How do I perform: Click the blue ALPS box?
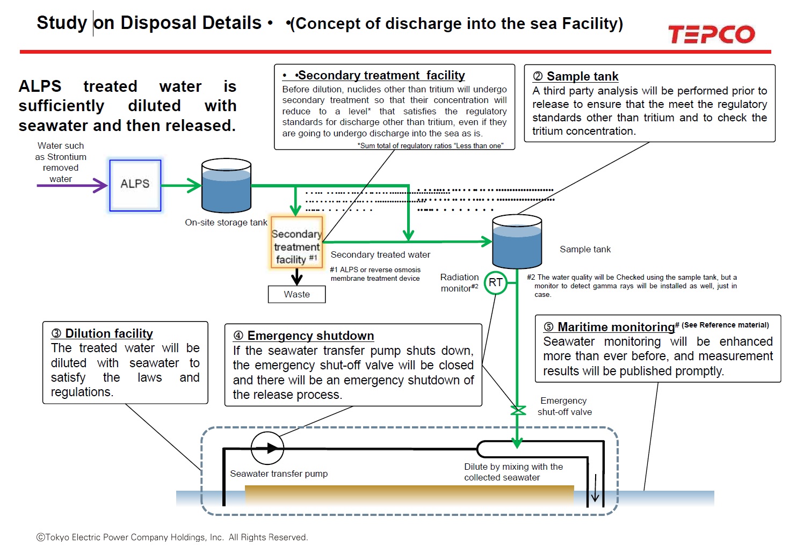(x=135, y=185)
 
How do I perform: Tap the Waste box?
(x=297, y=294)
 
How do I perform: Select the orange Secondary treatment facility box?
(x=297, y=242)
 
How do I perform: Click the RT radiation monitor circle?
(x=495, y=282)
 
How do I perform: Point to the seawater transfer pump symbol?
(x=267, y=448)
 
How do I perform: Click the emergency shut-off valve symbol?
(x=517, y=411)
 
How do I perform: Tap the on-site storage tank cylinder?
(x=226, y=186)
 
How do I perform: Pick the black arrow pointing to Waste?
(x=297, y=276)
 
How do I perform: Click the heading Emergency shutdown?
(x=310, y=336)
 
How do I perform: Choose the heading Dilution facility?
(x=108, y=333)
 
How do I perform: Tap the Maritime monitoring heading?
(x=616, y=327)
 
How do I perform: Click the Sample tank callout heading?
(x=582, y=76)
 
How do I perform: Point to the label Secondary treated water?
(x=380, y=254)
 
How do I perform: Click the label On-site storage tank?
(x=226, y=222)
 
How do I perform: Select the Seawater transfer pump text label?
(x=279, y=474)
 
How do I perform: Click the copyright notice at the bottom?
(x=172, y=537)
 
